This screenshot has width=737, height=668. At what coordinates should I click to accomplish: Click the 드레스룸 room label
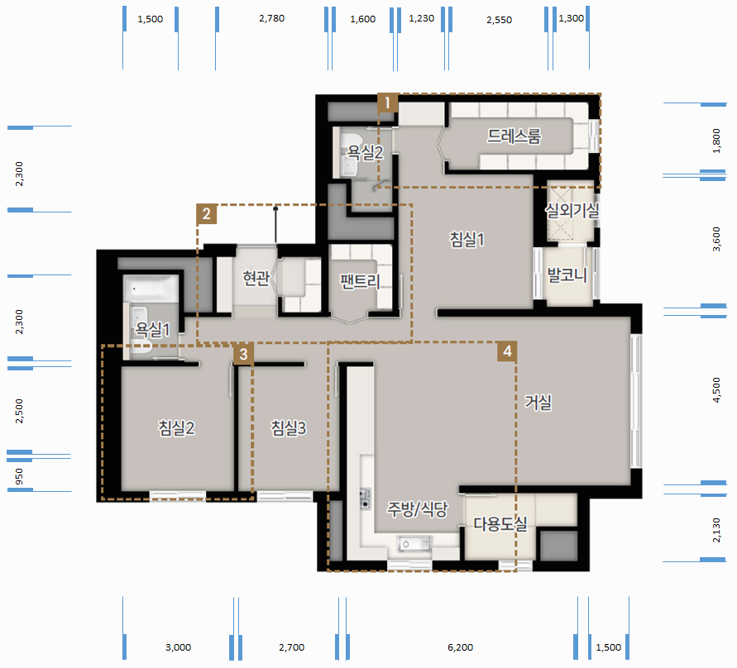pos(514,136)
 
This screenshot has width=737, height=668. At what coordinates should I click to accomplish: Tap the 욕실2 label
pos(365,152)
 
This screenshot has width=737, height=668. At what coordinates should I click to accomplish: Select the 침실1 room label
pos(467,240)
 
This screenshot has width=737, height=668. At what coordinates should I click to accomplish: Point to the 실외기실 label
pos(572,210)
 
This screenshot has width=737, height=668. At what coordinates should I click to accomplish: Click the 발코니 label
pos(567,274)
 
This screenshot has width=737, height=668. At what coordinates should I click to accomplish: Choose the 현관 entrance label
pos(256,278)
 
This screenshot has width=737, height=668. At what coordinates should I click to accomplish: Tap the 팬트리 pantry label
pos(360,281)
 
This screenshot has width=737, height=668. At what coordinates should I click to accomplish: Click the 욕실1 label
pos(152,330)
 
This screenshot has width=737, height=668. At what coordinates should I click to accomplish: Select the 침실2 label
pos(176,428)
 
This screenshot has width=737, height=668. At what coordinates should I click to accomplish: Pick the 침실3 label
pos(288,428)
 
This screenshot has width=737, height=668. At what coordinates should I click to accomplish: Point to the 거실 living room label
pos(538,402)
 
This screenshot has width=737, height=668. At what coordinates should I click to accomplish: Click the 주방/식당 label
pos(418,509)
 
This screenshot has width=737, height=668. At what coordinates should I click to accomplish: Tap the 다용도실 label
pos(500,524)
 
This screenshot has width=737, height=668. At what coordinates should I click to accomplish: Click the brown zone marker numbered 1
pos(387,103)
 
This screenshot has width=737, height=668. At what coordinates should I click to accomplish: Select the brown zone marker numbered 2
pos(206,214)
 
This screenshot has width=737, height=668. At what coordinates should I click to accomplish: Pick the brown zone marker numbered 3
pos(243,354)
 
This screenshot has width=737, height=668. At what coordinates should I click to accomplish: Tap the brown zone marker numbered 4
pos(507,351)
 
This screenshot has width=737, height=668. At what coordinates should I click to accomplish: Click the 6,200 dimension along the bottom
pos(460,647)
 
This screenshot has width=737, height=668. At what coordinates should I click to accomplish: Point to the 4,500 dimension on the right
pos(716,390)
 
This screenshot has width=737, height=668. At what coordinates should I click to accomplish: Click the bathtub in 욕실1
pos(151,289)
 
